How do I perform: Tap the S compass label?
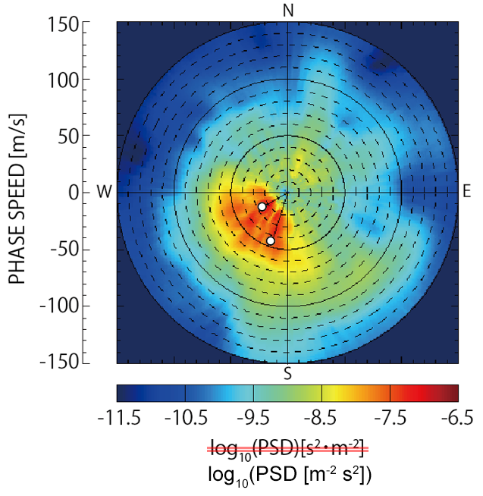(x=287, y=373)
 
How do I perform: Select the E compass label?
(x=467, y=192)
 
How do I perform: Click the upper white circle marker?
(x=262, y=206)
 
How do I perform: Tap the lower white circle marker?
(x=270, y=240)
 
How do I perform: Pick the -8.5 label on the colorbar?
(x=321, y=417)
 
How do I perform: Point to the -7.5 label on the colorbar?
(x=390, y=417)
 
